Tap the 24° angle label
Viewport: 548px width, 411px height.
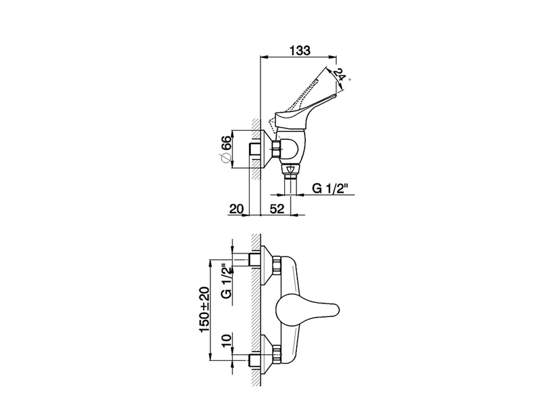(x=340, y=76)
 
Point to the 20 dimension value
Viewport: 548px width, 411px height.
(x=236, y=209)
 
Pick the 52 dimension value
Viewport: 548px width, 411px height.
(x=277, y=209)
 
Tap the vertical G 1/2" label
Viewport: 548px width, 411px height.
(x=226, y=282)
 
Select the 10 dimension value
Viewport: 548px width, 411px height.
(x=226, y=342)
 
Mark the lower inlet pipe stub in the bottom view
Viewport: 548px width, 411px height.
(x=254, y=360)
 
